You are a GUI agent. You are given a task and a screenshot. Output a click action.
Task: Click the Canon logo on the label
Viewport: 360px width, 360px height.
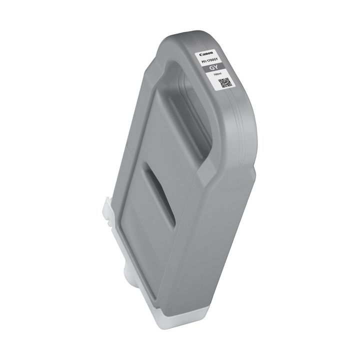[x=206, y=53]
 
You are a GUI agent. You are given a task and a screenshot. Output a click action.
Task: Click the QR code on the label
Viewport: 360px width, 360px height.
[x=224, y=83]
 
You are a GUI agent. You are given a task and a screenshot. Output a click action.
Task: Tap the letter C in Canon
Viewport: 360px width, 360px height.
[x=200, y=53]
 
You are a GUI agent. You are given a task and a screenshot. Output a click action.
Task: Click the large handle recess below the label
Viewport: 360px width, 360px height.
[x=185, y=120]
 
